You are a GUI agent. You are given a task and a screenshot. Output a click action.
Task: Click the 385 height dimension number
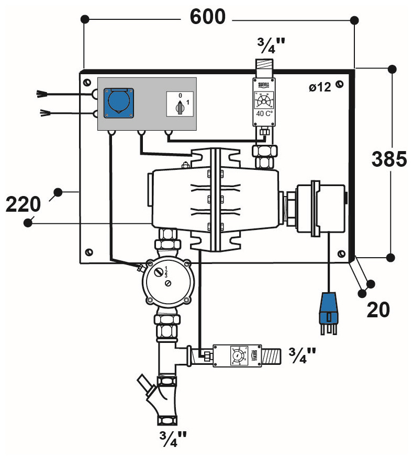coord(389,159)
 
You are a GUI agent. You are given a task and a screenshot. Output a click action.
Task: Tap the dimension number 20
coord(378,310)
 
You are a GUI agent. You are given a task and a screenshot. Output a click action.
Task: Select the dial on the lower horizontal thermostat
coord(237,356)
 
